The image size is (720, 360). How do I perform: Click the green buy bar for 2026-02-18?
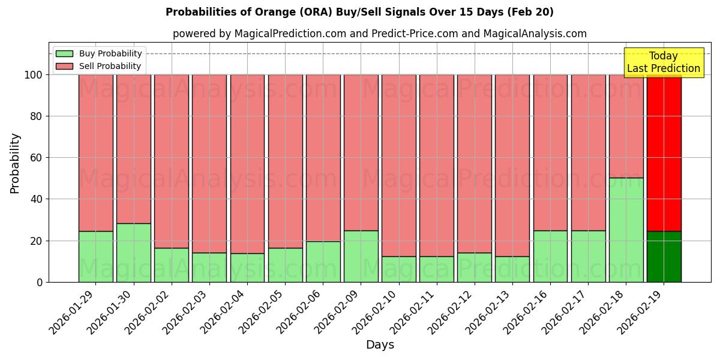point(626,230)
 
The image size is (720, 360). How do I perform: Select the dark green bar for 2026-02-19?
point(664,257)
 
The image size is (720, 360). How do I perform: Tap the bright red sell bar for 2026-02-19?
point(664,153)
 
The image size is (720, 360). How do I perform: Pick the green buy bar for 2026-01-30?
point(133,253)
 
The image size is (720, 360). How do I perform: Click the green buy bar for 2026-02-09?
point(361,256)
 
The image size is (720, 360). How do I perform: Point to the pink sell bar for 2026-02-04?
point(247,164)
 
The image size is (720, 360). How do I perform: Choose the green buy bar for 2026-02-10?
point(398,269)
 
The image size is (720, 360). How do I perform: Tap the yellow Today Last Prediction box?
point(663,62)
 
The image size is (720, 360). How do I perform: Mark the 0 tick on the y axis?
point(39,282)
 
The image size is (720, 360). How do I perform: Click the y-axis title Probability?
point(15,163)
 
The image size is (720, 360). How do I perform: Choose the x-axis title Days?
point(380,345)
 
